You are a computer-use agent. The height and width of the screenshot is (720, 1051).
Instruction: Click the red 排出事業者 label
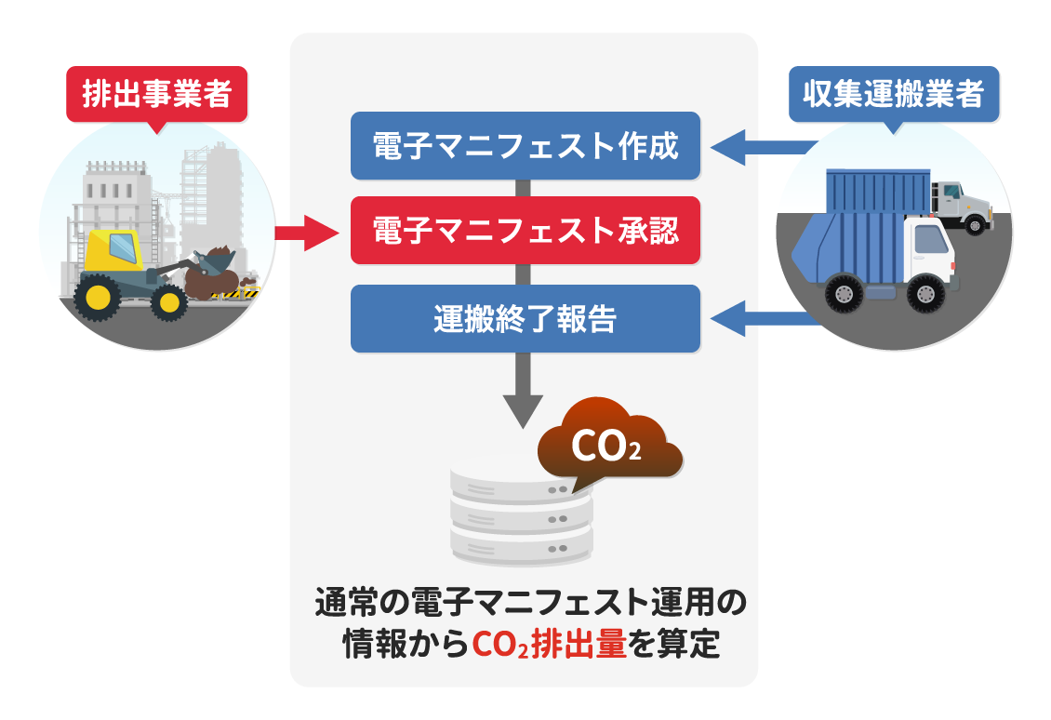click(x=157, y=95)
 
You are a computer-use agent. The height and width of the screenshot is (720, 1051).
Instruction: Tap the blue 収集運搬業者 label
click(x=894, y=95)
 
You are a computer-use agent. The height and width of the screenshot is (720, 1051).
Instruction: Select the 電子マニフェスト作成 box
click(x=525, y=145)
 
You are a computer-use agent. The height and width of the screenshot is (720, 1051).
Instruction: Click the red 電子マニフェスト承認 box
click(x=525, y=230)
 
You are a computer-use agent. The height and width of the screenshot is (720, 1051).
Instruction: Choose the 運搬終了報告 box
click(x=525, y=318)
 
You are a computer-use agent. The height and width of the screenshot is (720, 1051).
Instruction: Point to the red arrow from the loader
click(x=307, y=233)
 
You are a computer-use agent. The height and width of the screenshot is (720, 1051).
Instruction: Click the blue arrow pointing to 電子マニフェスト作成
click(x=765, y=147)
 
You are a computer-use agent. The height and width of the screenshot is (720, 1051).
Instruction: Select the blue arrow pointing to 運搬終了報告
click(x=765, y=318)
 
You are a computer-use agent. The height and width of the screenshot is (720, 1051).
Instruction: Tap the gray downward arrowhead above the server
click(x=523, y=411)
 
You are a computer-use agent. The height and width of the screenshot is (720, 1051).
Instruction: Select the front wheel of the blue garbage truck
click(x=925, y=294)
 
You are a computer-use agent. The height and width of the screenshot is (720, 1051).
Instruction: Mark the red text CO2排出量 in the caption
click(x=550, y=645)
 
